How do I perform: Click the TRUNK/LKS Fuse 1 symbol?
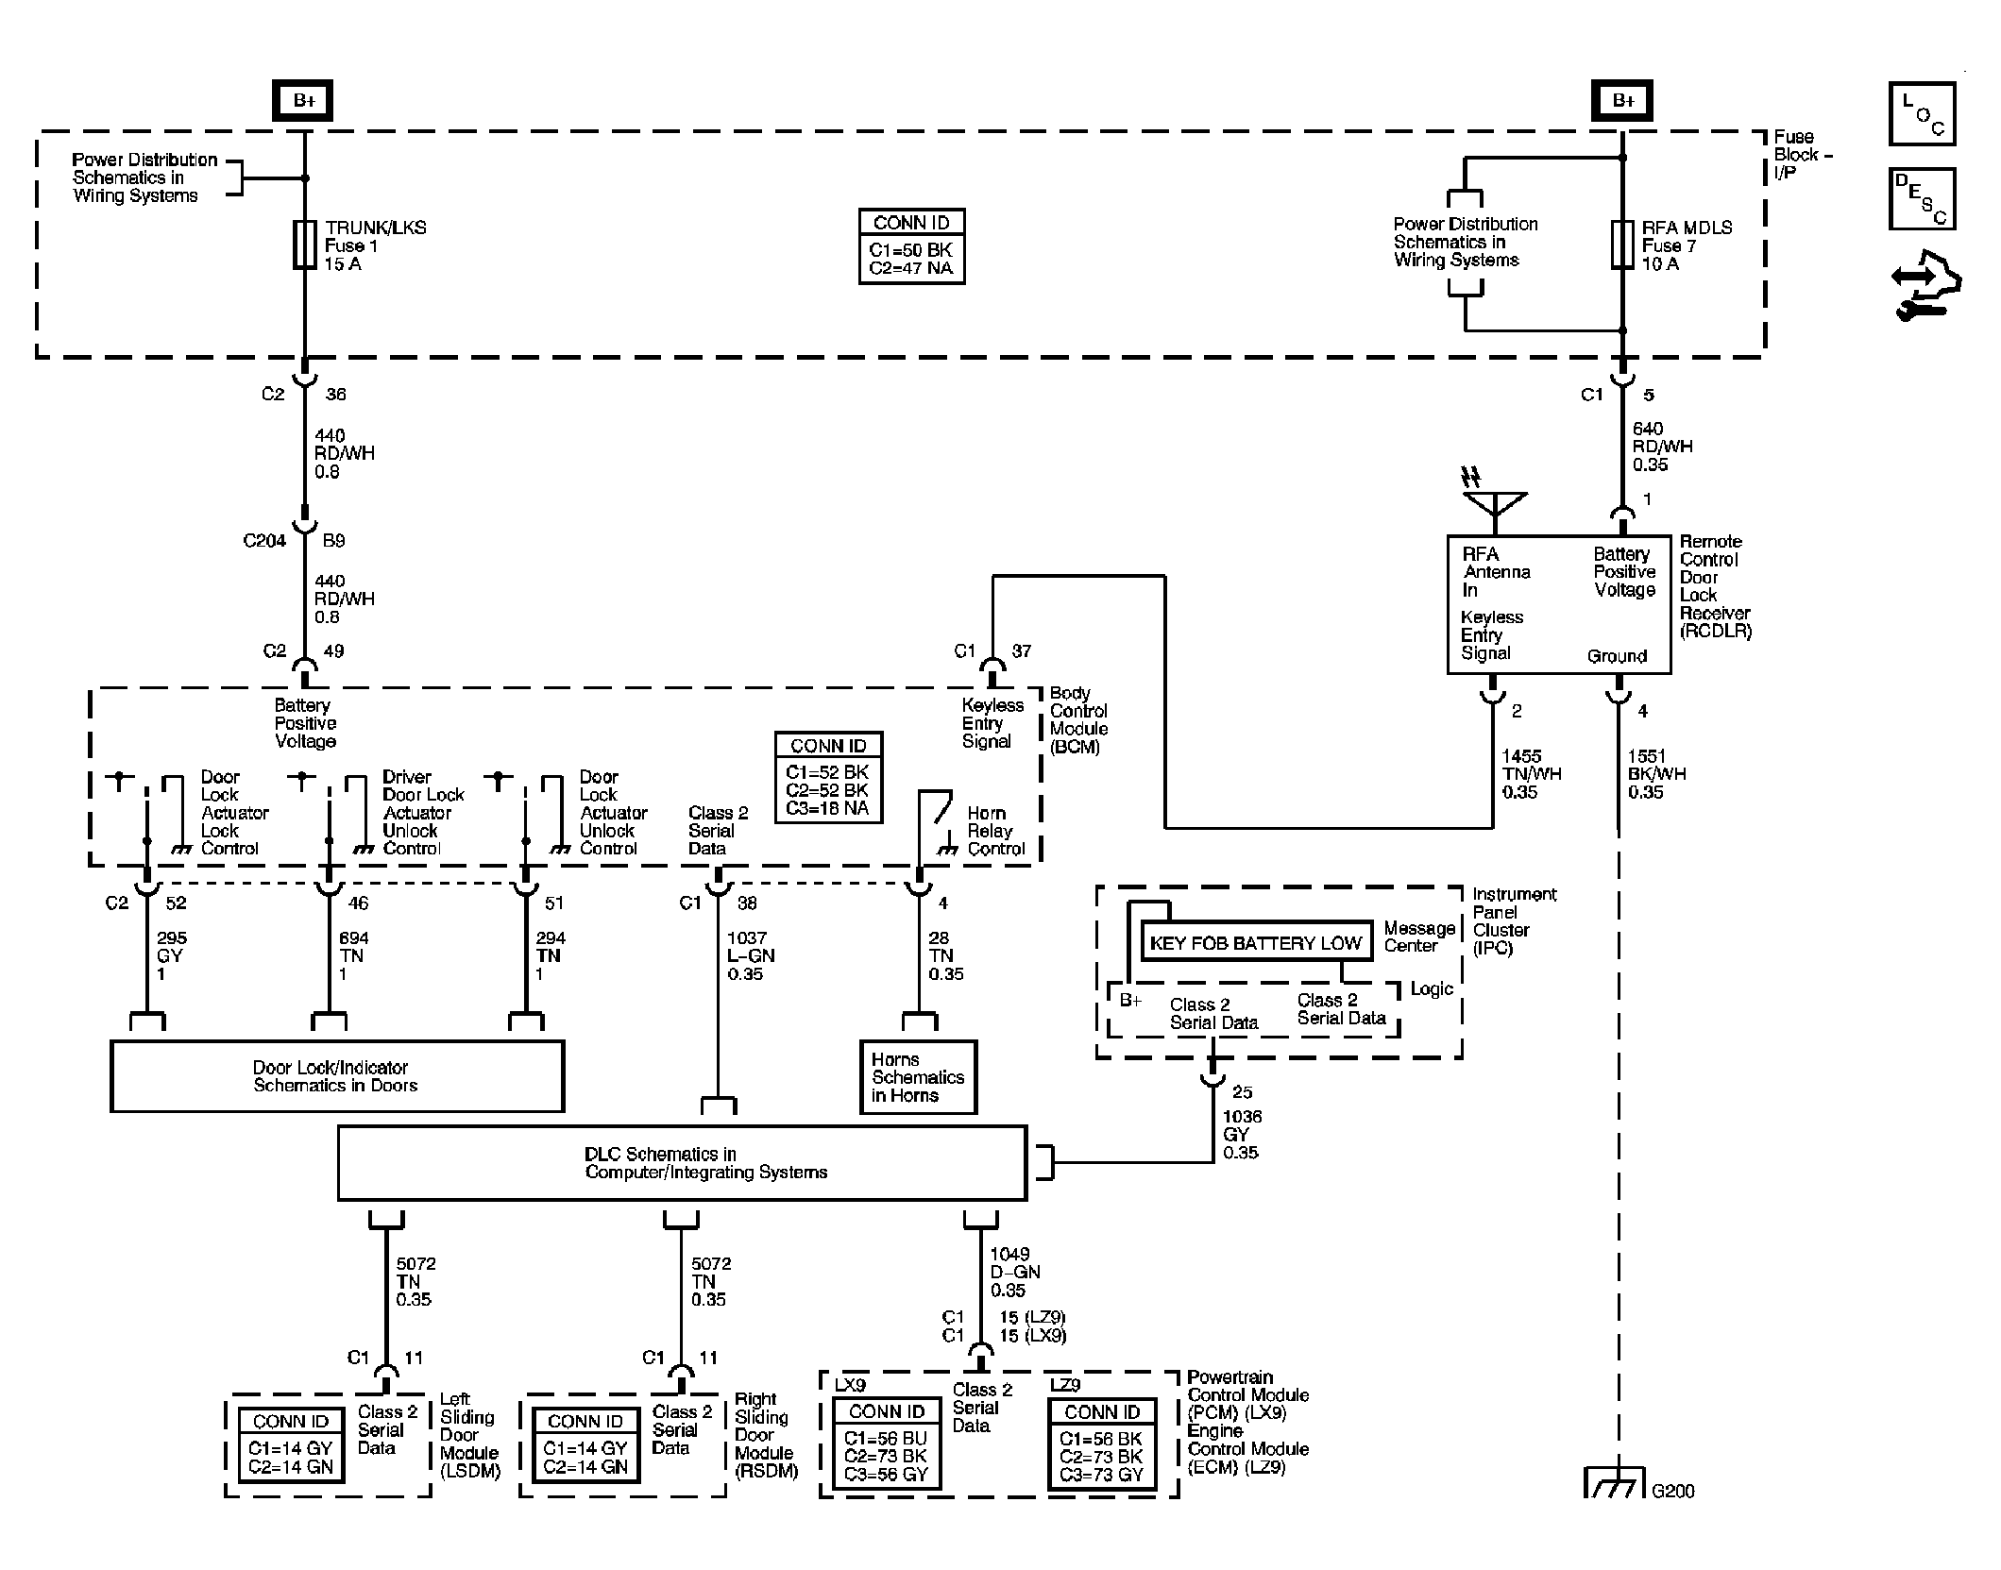tap(304, 245)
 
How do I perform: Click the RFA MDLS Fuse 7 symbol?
tap(1622, 245)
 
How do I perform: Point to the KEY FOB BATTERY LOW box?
tap(1256, 942)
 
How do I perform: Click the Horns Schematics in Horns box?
tap(917, 1077)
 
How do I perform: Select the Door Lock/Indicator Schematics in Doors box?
tap(337, 1076)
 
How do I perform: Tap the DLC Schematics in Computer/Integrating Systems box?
tap(682, 1163)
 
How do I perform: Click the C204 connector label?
tap(264, 541)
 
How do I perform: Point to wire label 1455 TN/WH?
tap(1531, 774)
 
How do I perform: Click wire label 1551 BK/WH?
tap(1656, 774)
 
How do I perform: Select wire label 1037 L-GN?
tap(750, 955)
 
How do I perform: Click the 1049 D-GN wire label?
tap(1014, 1272)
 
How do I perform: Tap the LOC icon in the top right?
tap(1922, 114)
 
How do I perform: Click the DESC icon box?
tap(1922, 199)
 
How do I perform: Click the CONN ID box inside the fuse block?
tap(911, 246)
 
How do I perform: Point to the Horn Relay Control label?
tap(995, 831)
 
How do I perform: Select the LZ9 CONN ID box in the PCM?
tap(1102, 1445)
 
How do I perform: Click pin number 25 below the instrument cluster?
tap(1242, 1092)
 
